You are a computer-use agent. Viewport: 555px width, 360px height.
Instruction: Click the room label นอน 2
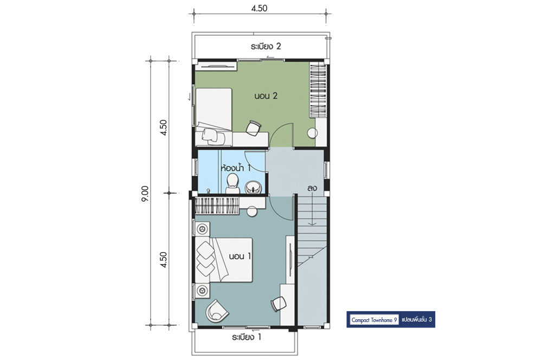click(266, 96)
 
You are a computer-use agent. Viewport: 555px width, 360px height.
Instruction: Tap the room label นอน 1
click(240, 256)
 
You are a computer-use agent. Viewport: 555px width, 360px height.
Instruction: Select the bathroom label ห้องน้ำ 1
click(235, 168)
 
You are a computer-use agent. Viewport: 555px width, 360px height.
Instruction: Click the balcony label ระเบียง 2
click(266, 47)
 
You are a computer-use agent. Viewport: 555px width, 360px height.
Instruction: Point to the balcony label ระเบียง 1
click(247, 337)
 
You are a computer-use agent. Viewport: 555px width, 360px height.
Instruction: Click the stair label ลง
click(312, 188)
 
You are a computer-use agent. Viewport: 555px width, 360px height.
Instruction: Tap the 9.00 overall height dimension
click(145, 194)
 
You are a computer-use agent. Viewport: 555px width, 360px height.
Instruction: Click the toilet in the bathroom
click(233, 183)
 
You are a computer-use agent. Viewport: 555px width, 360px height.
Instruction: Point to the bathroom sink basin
click(253, 187)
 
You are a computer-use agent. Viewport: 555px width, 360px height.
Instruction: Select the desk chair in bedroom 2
click(254, 128)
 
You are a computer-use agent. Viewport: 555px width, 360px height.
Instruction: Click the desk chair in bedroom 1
click(279, 304)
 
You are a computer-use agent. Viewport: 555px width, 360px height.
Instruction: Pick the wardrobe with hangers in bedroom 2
click(318, 90)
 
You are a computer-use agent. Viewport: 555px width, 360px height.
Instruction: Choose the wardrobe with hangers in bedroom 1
click(217, 205)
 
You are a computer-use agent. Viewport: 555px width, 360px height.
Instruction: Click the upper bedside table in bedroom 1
click(203, 229)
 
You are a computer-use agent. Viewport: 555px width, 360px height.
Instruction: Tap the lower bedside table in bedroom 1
click(203, 290)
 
